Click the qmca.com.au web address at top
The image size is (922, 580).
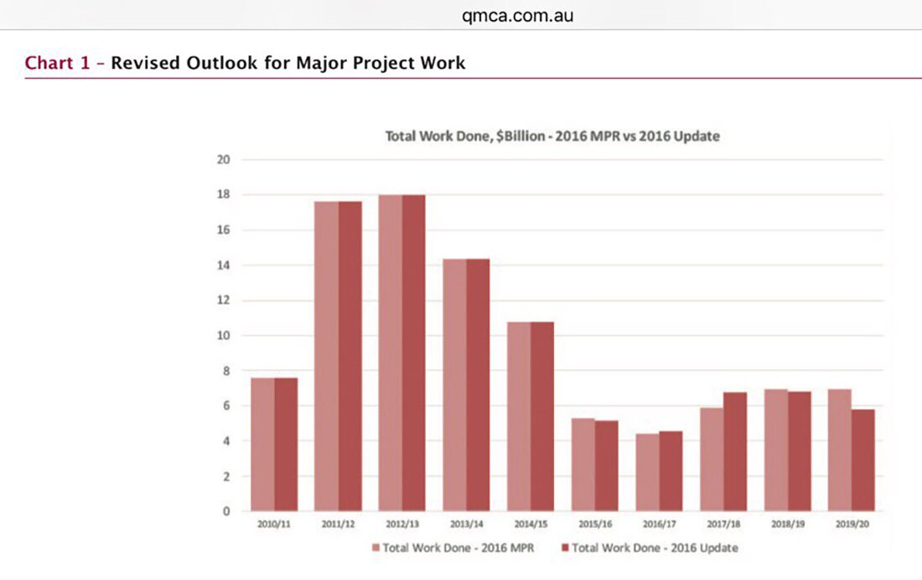pyautogui.click(x=517, y=15)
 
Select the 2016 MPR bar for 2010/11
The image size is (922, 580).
pyautogui.click(x=262, y=444)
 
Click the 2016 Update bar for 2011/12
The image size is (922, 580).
pyautogui.click(x=350, y=356)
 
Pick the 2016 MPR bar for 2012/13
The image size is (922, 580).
pyautogui.click(x=390, y=353)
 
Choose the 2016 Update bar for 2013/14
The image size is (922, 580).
pyautogui.click(x=478, y=385)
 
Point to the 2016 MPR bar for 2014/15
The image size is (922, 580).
pyautogui.click(x=518, y=417)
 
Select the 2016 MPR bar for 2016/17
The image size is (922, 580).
pyautogui.click(x=646, y=473)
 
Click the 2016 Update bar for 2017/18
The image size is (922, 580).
pyautogui.click(x=734, y=452)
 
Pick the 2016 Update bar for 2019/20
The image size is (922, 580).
pyautogui.click(x=862, y=460)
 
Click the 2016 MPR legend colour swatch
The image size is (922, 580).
pyautogui.click(x=376, y=548)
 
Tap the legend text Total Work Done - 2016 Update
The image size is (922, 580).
pyautogui.click(x=655, y=548)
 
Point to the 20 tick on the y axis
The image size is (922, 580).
pyautogui.click(x=224, y=159)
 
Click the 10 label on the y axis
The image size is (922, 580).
pyautogui.click(x=224, y=335)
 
